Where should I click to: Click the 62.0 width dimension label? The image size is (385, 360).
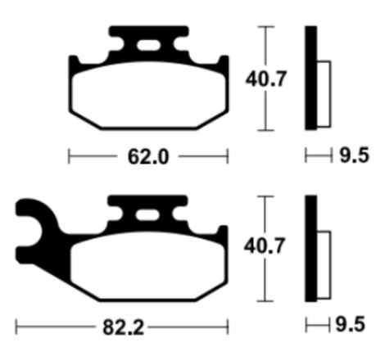tap(148, 157)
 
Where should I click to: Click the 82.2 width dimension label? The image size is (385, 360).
tap(123, 327)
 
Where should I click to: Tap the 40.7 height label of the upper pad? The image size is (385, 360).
tap(265, 79)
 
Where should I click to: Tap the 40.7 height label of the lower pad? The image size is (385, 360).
tap(264, 246)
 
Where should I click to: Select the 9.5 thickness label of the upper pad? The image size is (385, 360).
tap(354, 155)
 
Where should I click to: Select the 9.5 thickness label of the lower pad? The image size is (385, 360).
tap(351, 325)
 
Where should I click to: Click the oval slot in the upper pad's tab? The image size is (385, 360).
tap(148, 46)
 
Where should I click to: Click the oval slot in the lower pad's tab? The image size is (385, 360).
tap(147, 215)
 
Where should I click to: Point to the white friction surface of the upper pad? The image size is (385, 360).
tap(148, 95)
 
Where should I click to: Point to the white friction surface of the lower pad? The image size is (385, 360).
tap(147, 265)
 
